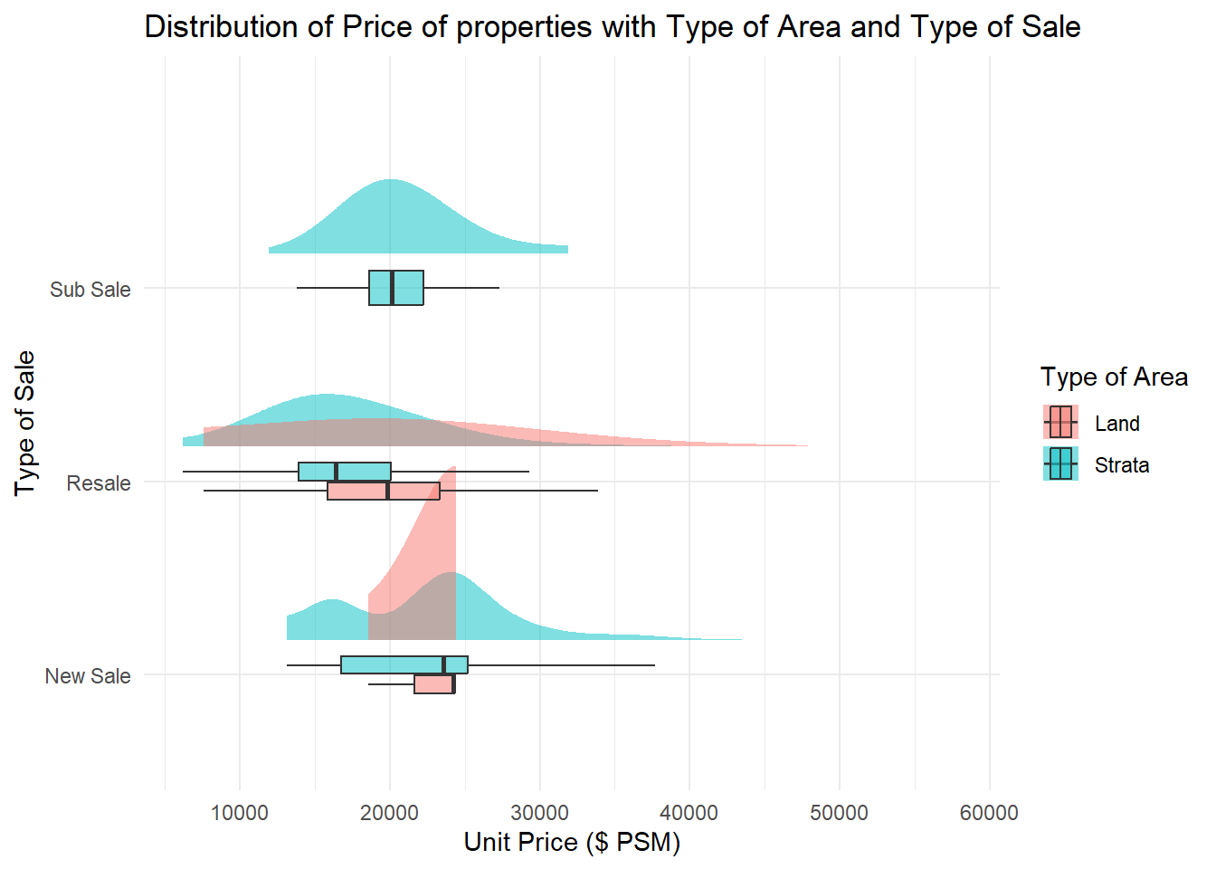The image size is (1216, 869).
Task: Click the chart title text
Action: (x=613, y=27)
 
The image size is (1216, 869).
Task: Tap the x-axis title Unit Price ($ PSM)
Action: (x=572, y=842)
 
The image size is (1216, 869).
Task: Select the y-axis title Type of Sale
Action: (x=25, y=423)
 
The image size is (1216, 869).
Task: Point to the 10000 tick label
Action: (x=240, y=813)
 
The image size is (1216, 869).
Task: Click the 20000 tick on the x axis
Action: (x=390, y=813)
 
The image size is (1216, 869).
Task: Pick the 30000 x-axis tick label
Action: (x=540, y=813)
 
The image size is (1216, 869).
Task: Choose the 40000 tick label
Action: (x=689, y=813)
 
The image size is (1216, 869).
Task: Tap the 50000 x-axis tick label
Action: (x=840, y=813)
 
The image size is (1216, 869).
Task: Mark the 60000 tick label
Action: (x=989, y=813)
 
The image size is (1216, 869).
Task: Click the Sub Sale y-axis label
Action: (x=90, y=290)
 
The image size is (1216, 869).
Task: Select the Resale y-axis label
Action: (x=99, y=483)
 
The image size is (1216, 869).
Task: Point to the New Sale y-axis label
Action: (x=88, y=676)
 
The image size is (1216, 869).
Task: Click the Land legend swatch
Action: (x=1060, y=423)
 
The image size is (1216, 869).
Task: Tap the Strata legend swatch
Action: (x=1060, y=464)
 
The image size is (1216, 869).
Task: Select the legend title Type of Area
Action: (x=1114, y=377)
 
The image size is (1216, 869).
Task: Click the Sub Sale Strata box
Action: (x=396, y=288)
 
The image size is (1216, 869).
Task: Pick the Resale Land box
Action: (x=384, y=492)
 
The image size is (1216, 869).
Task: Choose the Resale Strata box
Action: (x=345, y=472)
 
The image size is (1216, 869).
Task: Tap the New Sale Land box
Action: (x=434, y=684)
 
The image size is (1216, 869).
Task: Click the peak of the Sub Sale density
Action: (x=390, y=181)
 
